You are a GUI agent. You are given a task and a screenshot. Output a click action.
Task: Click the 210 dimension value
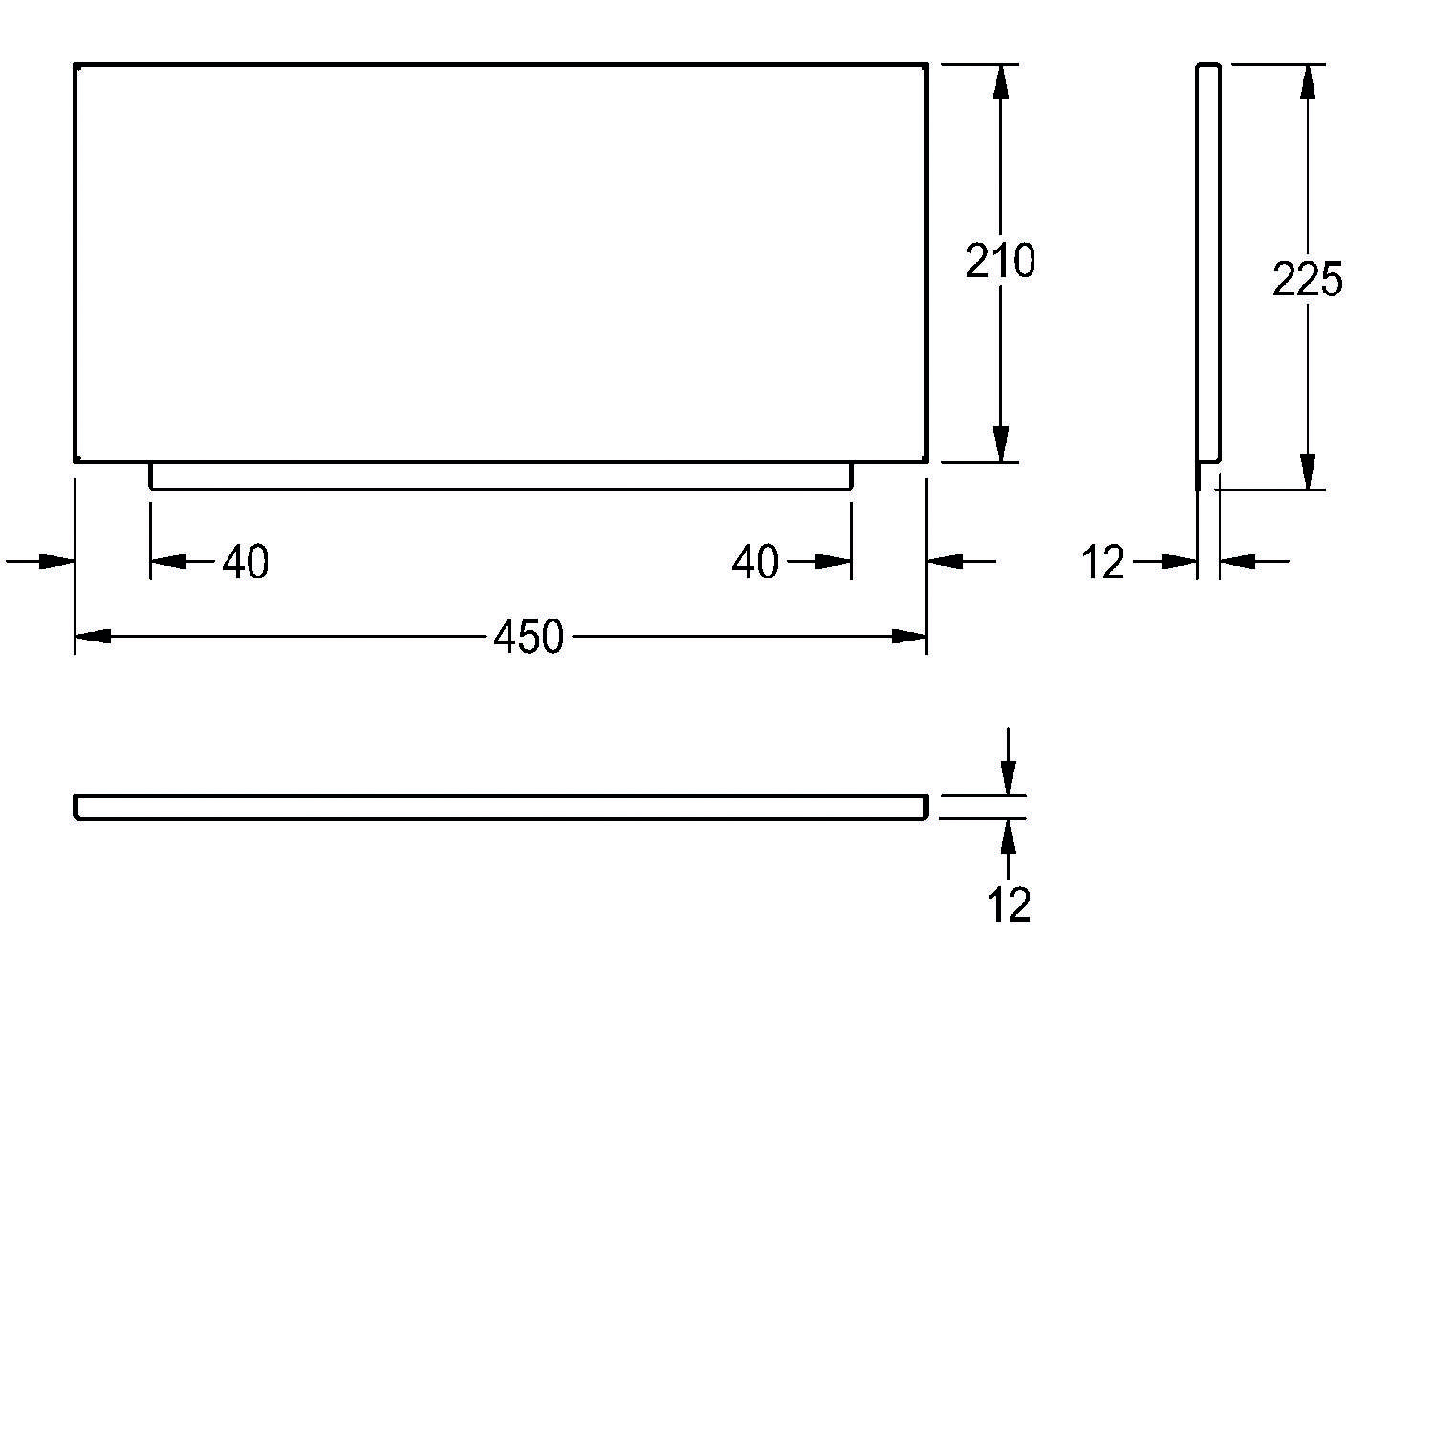pyautogui.click(x=1000, y=261)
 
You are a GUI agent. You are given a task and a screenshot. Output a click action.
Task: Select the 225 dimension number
pyautogui.click(x=1308, y=279)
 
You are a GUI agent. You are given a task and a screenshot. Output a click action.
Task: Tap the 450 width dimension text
pyautogui.click(x=529, y=637)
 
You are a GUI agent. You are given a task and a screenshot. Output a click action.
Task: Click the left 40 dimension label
pyautogui.click(x=246, y=562)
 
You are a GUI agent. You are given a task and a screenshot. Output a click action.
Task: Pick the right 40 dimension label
pyautogui.click(x=755, y=562)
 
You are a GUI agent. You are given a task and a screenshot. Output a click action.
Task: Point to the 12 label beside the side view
pyautogui.click(x=1104, y=563)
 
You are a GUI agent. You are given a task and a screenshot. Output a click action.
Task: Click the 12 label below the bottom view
pyautogui.click(x=1010, y=905)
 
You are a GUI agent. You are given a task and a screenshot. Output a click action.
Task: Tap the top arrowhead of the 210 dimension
pyautogui.click(x=1000, y=82)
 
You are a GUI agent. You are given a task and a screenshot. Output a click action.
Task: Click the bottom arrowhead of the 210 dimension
pyautogui.click(x=1000, y=444)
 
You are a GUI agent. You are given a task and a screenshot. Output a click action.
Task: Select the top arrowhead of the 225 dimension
pyautogui.click(x=1308, y=82)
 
